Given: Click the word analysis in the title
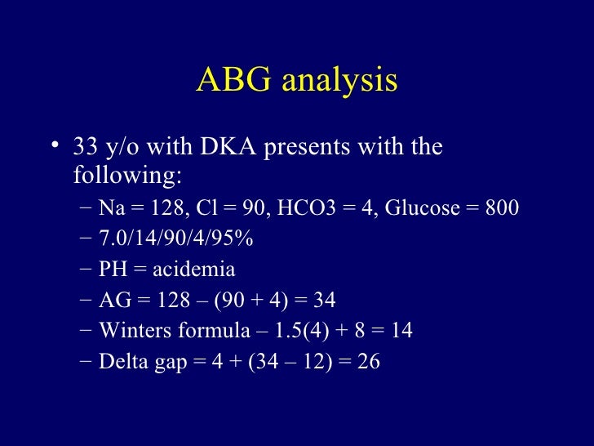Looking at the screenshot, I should [336, 82].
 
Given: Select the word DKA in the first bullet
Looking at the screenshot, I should [221, 148].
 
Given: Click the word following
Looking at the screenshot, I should [126, 176].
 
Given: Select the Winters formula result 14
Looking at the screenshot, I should [401, 330].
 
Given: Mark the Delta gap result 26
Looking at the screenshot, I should [369, 360].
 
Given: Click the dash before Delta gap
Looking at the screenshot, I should [87, 360].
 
